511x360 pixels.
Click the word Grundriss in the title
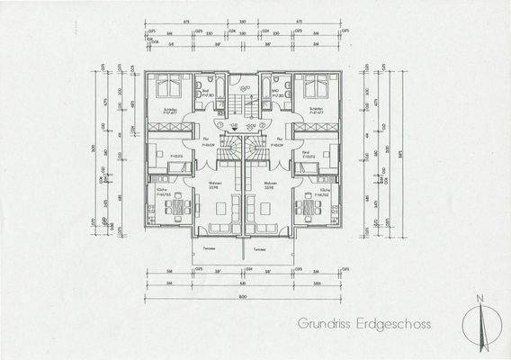324,321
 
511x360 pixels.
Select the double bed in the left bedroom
167,87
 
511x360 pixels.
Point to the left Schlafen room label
167,110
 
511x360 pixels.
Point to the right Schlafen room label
315,110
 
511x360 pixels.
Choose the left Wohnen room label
215,184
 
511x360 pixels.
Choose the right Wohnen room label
267,184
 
